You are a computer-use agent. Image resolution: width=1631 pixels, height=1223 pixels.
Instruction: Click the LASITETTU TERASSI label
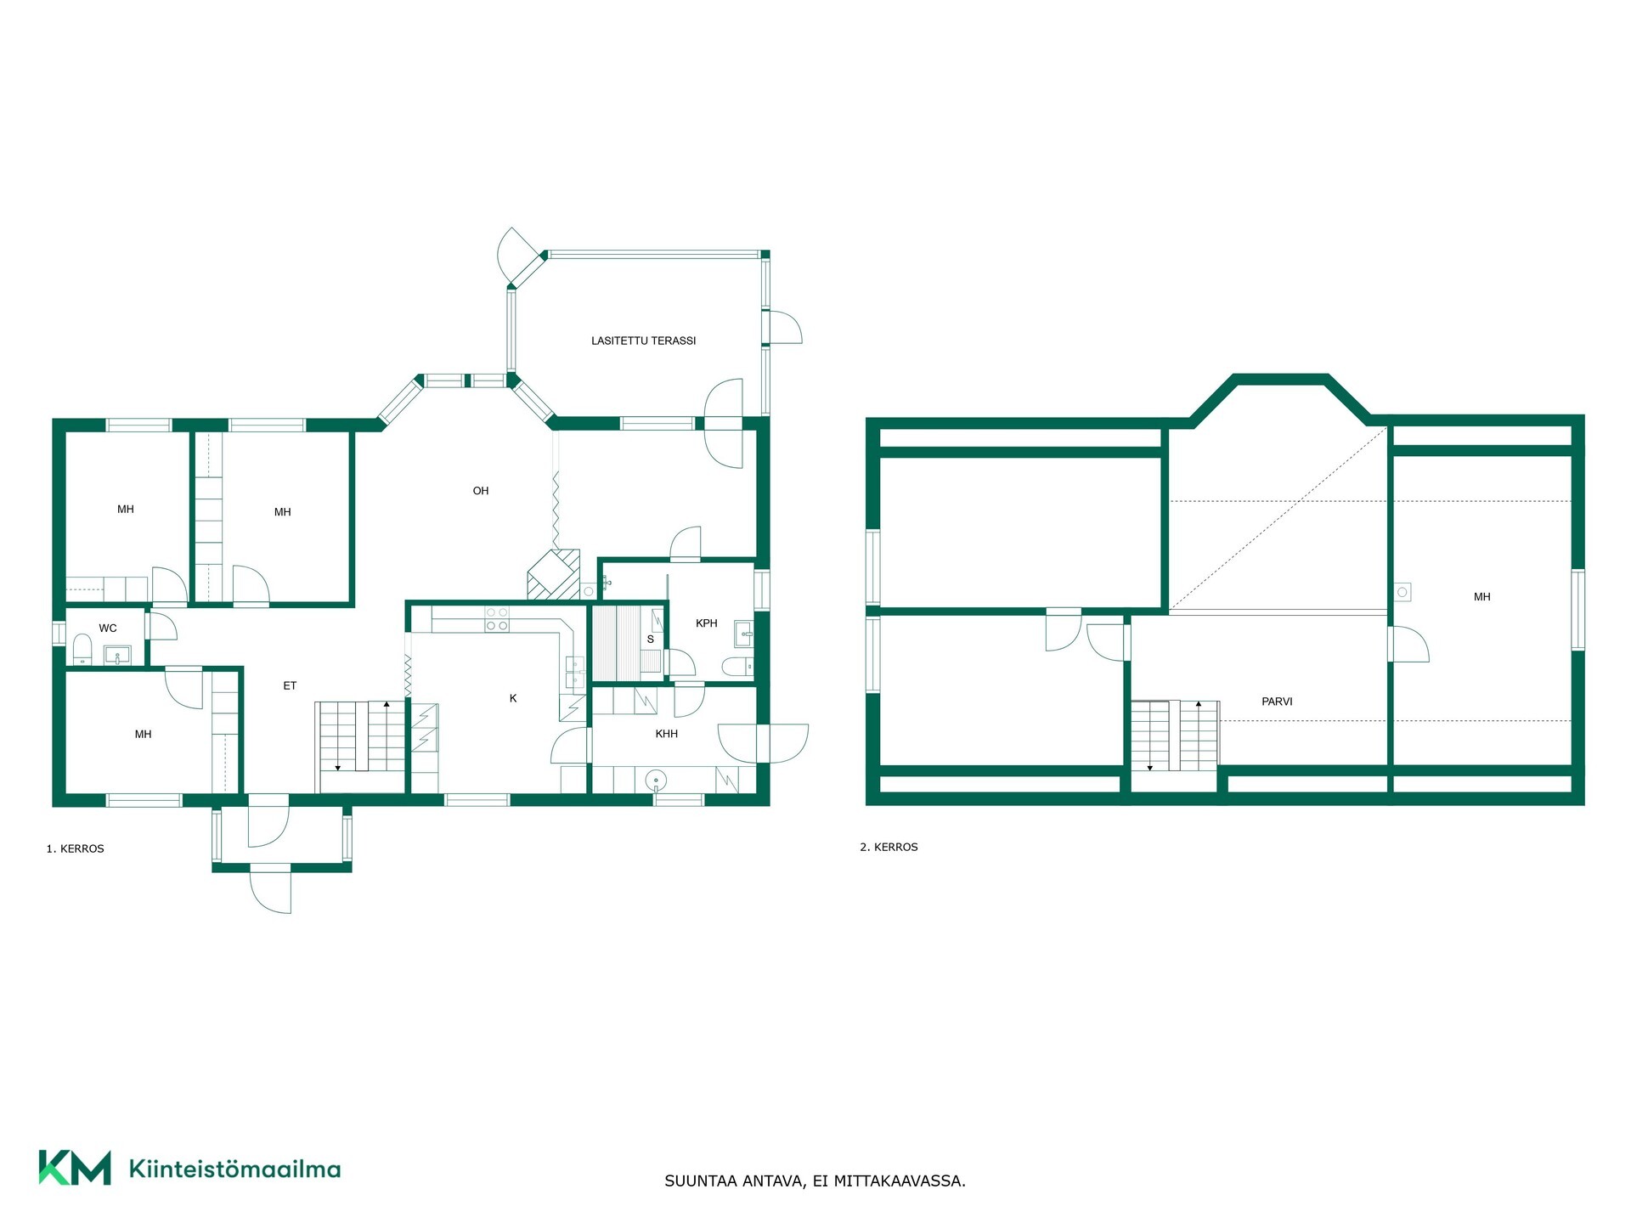pos(643,341)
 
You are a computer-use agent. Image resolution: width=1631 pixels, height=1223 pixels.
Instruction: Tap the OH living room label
pos(481,491)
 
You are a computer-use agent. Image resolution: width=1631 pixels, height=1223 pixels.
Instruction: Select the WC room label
pos(108,628)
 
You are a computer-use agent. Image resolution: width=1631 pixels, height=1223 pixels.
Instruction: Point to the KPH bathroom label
pos(707,623)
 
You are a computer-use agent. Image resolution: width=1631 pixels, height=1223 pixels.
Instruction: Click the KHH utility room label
pos(667,734)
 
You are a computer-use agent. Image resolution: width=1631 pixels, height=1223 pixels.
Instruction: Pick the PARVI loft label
pos(1277,702)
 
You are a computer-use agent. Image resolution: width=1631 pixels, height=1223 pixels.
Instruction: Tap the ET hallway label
pos(290,686)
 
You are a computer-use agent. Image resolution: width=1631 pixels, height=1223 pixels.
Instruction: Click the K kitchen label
pos(513,698)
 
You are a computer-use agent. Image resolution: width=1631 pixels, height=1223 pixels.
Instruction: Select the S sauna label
pos(651,640)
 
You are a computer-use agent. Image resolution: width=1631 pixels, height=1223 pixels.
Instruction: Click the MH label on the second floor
pos(1482,597)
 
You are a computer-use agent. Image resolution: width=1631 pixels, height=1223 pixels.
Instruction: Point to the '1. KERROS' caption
pos(76,848)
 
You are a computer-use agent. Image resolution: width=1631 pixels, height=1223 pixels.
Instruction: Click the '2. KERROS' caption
pos(889,847)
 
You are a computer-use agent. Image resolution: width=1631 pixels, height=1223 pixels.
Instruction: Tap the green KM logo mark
pos(75,1168)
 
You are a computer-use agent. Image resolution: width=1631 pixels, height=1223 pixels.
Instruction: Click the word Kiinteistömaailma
pos(234,1169)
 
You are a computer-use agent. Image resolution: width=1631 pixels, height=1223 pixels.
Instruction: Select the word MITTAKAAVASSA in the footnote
pos(900,1181)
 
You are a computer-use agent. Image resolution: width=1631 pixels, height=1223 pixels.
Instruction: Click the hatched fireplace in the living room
pos(554,575)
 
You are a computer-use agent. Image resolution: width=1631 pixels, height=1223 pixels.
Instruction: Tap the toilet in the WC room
pos(82,651)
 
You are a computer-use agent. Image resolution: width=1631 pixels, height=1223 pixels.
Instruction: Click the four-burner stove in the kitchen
pos(497,619)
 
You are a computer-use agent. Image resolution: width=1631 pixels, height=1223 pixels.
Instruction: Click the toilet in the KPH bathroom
pos(736,665)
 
